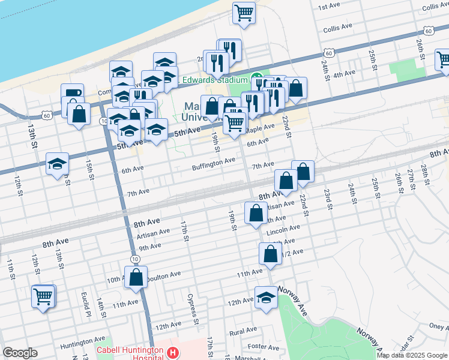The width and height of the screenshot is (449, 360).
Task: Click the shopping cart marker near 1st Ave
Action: (x=244, y=13)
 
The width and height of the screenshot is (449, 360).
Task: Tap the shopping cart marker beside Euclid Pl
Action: (x=43, y=295)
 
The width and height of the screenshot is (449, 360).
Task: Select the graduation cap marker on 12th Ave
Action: (x=266, y=298)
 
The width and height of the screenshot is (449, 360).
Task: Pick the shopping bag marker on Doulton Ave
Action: (x=136, y=277)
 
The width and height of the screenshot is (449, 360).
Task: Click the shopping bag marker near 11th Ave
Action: (x=270, y=253)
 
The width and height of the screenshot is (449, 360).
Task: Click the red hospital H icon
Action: (x=173, y=352)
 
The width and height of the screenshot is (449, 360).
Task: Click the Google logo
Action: (x=20, y=353)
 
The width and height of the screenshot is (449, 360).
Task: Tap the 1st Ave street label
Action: (x=330, y=7)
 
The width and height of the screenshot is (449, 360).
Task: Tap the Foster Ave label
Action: (x=264, y=347)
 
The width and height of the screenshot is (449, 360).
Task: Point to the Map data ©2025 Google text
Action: (x=412, y=355)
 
